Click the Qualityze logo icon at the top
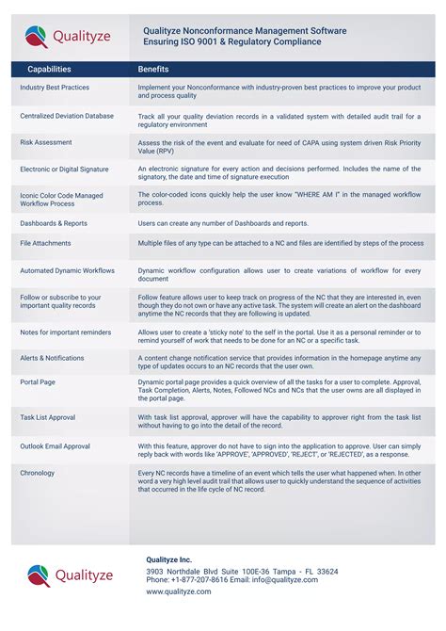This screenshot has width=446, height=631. [x=37, y=37]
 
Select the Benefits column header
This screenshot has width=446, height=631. [x=153, y=70]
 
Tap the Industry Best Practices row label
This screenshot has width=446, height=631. [x=55, y=88]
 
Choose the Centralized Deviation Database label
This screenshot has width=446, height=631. [x=67, y=116]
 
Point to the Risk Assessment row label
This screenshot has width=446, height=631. [x=46, y=142]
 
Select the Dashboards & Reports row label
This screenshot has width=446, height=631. [x=54, y=223]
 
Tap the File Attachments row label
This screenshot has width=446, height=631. [x=45, y=243]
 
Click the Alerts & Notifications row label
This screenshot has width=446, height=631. [x=52, y=358]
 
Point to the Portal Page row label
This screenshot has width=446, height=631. [x=38, y=380]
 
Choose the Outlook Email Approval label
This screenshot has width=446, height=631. [x=56, y=445]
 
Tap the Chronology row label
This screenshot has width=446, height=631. [x=38, y=473]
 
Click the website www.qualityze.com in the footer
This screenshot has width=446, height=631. [x=181, y=592]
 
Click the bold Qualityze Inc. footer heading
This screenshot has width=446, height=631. [x=172, y=558]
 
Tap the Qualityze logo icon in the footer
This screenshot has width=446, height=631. [x=39, y=574]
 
